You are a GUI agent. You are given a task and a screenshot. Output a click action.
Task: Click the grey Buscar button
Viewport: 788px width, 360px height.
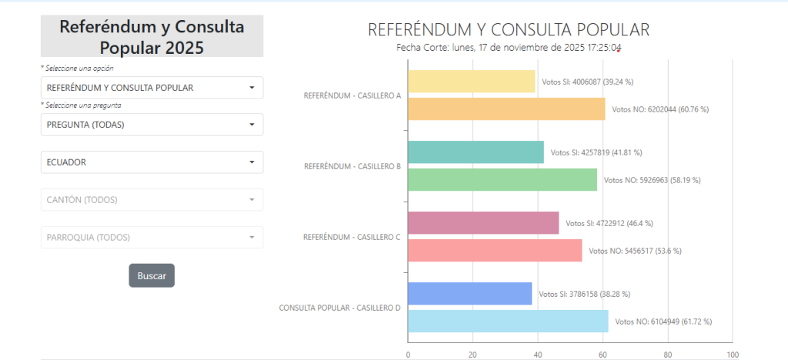[x=152, y=275]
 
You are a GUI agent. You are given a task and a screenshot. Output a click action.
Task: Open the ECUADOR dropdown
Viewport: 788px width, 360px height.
[x=152, y=162]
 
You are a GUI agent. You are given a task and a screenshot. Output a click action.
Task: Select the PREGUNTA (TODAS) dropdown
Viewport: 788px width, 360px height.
[x=152, y=125]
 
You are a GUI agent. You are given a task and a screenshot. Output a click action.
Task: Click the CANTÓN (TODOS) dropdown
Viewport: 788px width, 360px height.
[x=152, y=200]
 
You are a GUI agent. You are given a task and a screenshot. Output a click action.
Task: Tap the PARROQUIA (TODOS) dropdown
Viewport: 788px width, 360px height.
[x=152, y=237]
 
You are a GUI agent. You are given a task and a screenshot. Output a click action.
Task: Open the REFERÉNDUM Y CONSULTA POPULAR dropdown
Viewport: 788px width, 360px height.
[x=152, y=88]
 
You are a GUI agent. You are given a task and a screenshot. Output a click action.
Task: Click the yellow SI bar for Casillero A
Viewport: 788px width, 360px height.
[x=472, y=82]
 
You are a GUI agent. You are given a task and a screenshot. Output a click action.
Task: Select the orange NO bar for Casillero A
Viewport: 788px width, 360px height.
[x=506, y=109]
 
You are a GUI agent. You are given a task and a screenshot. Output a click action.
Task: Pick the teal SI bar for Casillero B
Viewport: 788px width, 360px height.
[x=476, y=152]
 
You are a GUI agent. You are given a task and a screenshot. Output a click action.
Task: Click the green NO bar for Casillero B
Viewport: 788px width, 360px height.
[x=503, y=180]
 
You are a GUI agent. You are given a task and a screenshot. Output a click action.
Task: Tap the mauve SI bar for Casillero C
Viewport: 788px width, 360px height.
[x=483, y=223]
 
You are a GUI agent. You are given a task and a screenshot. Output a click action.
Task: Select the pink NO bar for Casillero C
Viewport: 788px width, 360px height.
[x=495, y=251]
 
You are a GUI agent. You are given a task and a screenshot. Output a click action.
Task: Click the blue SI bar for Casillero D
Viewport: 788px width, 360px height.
[x=470, y=294]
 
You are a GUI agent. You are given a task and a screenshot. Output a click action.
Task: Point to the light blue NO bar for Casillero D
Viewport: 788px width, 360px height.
[x=508, y=322]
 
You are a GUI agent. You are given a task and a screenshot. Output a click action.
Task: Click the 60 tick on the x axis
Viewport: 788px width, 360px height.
[x=603, y=355]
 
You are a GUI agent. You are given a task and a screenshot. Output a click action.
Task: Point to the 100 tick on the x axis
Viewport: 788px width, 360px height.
[x=733, y=355]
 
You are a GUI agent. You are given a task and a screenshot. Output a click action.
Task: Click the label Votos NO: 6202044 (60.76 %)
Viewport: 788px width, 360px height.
[x=660, y=109]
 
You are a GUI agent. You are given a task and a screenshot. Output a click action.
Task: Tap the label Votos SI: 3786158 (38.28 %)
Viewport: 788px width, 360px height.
[x=585, y=294]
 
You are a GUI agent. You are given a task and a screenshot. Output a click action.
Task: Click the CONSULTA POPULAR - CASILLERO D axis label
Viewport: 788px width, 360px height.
[x=339, y=308]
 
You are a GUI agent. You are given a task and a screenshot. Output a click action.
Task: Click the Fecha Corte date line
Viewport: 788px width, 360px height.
[x=509, y=48]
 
